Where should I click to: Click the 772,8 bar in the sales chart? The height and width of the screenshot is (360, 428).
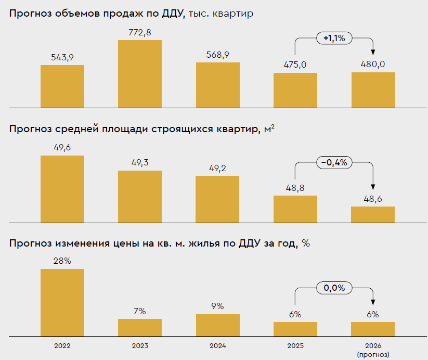[x=139, y=73]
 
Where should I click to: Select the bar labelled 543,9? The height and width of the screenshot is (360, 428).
[x=62, y=86]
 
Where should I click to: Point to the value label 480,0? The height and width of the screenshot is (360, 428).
[x=373, y=65]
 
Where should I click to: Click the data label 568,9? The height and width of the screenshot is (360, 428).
[x=217, y=55]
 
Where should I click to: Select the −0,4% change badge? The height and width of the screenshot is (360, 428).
[x=334, y=162]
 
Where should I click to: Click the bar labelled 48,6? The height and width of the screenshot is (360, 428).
[x=373, y=214]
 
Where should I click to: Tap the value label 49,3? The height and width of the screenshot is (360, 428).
[x=139, y=163]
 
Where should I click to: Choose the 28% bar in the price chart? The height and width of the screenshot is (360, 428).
[x=62, y=302]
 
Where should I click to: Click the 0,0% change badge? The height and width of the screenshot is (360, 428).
[x=334, y=287]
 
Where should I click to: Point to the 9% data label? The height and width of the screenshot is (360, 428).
[x=217, y=306]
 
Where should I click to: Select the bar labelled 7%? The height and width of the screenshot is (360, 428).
[x=139, y=327]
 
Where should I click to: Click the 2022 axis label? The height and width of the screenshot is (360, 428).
[x=62, y=346]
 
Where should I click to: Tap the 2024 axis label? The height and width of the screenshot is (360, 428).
[x=217, y=346]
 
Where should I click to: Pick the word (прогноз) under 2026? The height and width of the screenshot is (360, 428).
[x=373, y=354]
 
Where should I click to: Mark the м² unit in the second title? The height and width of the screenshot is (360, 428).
[x=269, y=128]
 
